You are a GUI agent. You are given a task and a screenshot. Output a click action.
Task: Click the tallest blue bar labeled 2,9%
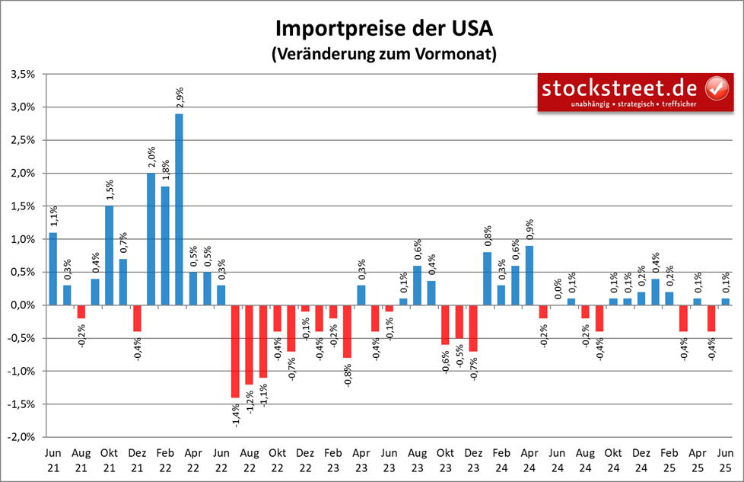tap(179, 209)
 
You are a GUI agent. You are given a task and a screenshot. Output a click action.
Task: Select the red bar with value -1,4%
tap(235, 351)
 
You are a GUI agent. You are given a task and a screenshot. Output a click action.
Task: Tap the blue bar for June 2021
tap(53, 269)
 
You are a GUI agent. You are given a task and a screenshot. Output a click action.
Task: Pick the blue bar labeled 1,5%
tap(110, 255)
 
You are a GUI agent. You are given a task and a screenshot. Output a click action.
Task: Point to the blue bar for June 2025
tap(725, 302)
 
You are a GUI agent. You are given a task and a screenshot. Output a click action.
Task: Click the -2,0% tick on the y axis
tap(21, 437)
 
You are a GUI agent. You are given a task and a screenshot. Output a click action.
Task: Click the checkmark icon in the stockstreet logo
tap(717, 88)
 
